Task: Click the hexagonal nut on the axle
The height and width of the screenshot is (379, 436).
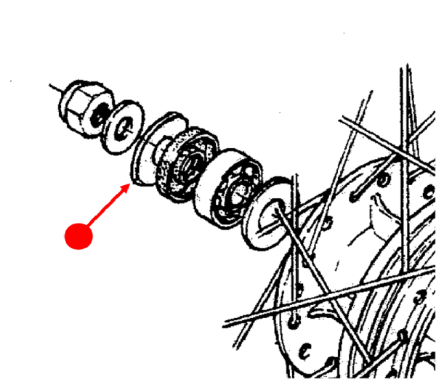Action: tap(86, 105)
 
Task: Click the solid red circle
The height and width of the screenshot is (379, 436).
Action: tap(78, 236)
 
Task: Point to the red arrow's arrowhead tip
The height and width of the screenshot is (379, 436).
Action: tap(132, 184)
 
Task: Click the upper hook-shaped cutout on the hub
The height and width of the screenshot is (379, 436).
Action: tap(381, 214)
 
